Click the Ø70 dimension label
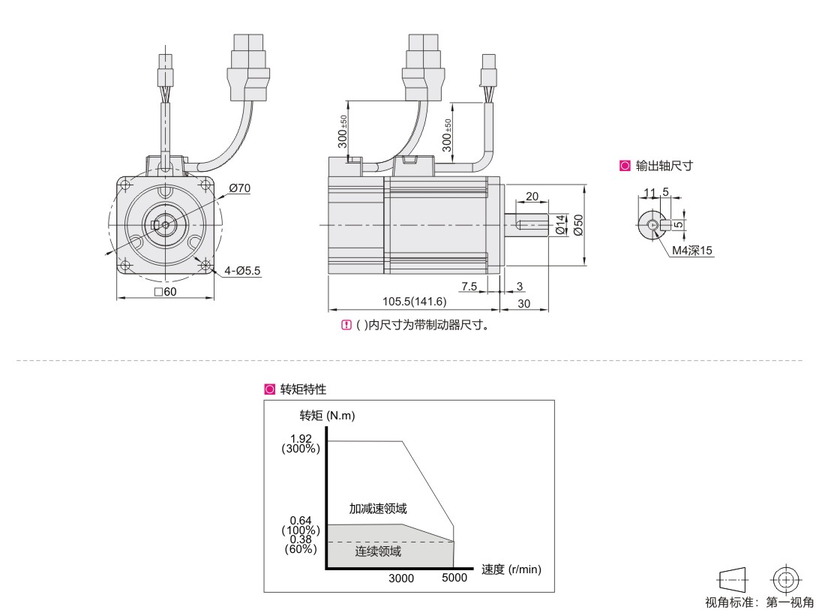pos(240,188)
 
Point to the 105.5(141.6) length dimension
pos(415,302)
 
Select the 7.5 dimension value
pos(469,286)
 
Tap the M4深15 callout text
pos(691,251)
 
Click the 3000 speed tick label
pos(400,578)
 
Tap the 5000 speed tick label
pos(454,578)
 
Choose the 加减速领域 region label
pos(379,509)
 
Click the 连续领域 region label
pos(378,552)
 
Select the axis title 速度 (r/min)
pos(511,569)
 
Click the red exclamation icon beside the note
pos(346,326)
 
